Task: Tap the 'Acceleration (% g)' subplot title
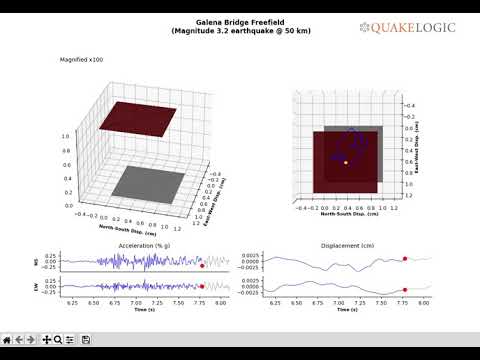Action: pos(145,245)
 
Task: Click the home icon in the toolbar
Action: pos(8,340)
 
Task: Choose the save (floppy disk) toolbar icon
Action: pos(86,340)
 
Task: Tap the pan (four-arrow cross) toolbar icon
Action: pos(46,340)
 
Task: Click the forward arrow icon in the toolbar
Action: pos(33,340)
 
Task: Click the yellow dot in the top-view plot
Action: pos(346,162)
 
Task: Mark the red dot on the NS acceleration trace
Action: pos(202,266)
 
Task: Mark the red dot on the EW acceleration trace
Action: pos(202,287)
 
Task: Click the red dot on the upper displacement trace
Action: pos(405,259)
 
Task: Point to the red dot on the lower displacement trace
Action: pos(405,290)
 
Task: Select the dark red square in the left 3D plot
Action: pos(142,118)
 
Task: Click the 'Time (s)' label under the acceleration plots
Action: pos(145,310)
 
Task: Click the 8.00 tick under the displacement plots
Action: pos(425,301)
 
